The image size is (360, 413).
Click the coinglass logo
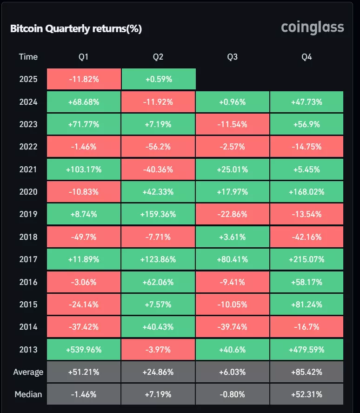coord(313,27)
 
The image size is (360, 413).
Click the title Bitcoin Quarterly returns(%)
coord(76,29)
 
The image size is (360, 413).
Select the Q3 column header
coord(232,57)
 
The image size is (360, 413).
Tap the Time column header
coord(28,57)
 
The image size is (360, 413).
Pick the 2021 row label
coord(28,169)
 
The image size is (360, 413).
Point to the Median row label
coord(28,394)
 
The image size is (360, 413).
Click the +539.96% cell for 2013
coord(84,350)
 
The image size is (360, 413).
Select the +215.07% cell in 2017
coord(307,259)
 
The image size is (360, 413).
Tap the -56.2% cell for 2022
coord(158,147)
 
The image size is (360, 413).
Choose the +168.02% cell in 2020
coord(307,192)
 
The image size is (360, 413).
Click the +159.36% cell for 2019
coord(158,214)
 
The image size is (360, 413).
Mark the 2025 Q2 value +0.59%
coord(158,79)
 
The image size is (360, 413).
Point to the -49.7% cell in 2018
coord(84,237)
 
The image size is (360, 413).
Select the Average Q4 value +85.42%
coord(307,372)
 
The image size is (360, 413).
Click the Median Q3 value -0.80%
coord(232,394)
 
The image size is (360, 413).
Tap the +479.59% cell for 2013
coord(307,350)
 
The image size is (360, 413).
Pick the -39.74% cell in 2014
coord(232,327)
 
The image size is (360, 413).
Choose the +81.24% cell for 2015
coord(307,305)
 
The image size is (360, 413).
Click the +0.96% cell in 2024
coord(232,102)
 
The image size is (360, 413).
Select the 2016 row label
coord(28,282)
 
